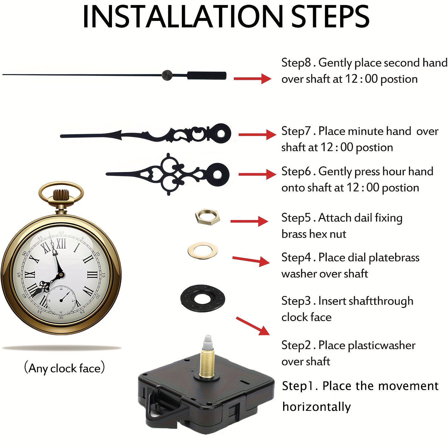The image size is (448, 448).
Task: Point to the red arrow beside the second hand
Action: tap(252, 79)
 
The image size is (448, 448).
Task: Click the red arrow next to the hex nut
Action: tap(249, 221)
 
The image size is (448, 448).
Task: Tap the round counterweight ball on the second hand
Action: tap(167, 75)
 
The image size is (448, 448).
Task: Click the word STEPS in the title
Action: tap(330, 16)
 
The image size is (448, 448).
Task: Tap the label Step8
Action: tap(296, 63)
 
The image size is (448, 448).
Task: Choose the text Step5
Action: tap(296, 218)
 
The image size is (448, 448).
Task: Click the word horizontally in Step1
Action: tap(317, 407)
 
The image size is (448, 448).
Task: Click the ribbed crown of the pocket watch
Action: tap(61, 196)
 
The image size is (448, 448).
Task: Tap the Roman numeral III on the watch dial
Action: tap(92, 275)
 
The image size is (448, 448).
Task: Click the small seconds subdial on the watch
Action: tap(61, 300)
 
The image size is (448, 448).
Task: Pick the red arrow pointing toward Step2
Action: tap(253, 326)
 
